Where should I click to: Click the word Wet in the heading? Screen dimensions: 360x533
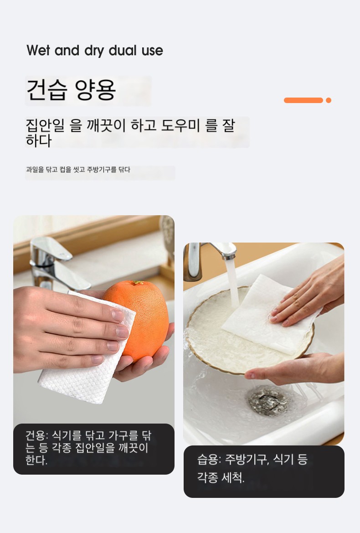point(38,50)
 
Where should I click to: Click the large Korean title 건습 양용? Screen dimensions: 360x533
point(71,90)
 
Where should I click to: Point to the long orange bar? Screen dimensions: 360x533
point(303,100)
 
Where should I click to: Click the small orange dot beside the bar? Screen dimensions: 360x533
point(329,100)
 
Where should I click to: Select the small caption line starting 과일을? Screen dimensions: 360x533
point(78,169)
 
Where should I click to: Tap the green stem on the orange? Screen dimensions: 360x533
point(138,283)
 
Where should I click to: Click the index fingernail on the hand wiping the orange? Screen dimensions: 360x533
point(118,316)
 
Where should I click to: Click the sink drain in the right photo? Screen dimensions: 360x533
point(268,401)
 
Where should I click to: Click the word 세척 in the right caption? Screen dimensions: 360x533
point(232,478)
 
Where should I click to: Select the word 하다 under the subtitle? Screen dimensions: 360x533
point(39,141)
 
